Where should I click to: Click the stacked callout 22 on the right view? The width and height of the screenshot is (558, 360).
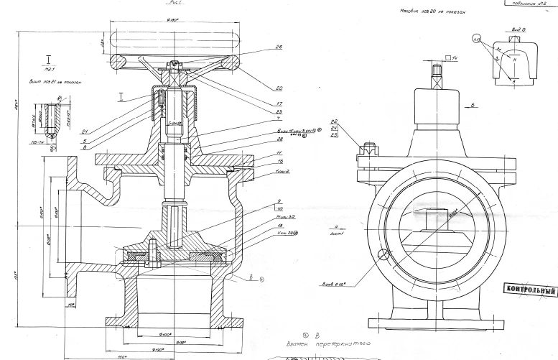pos(335,121)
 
